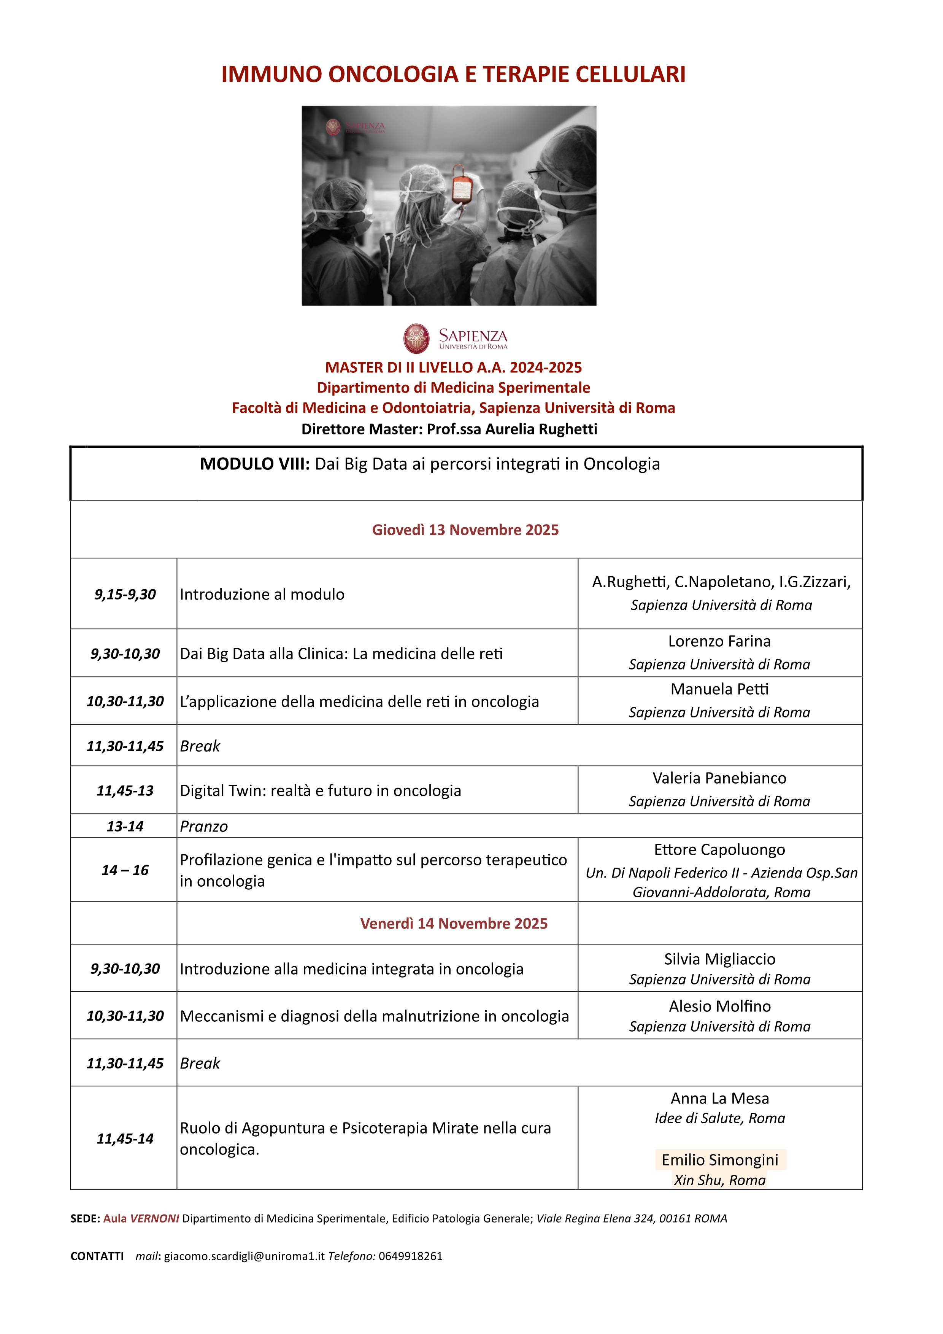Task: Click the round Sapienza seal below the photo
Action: pos(416,339)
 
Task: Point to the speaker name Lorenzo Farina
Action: pos(719,641)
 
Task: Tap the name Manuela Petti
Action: pos(719,689)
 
